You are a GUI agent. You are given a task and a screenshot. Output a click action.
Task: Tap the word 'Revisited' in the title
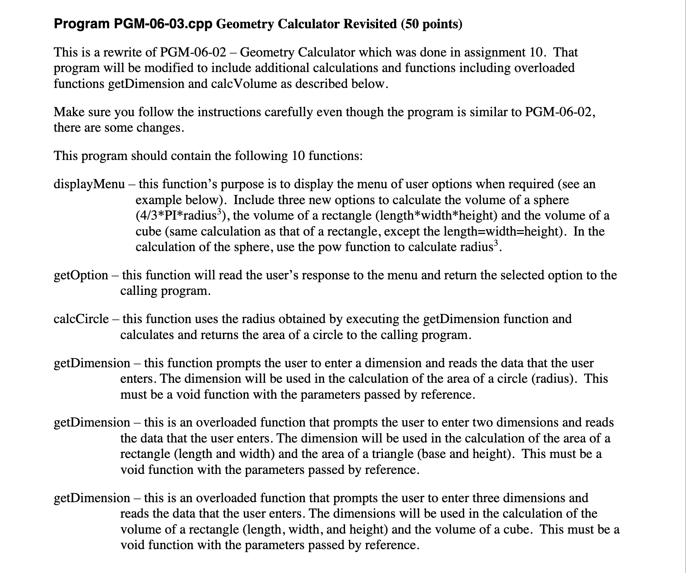click(370, 24)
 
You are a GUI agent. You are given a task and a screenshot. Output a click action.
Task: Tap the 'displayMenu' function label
click(89, 184)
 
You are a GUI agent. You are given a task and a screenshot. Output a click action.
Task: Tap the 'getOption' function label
click(81, 275)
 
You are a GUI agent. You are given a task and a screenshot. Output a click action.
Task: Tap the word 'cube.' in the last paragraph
click(517, 530)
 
